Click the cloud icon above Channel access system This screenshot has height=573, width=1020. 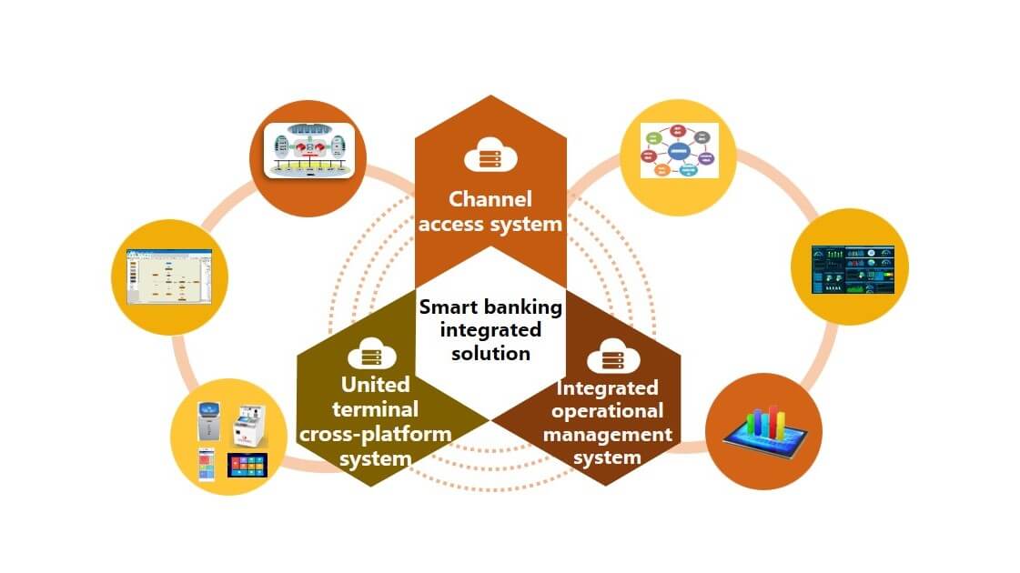point(490,155)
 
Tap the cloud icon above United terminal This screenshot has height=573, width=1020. point(370,352)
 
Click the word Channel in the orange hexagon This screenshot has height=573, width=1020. point(490,198)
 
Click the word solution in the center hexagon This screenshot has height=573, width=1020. point(490,353)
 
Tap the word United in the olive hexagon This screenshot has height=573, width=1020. point(375,384)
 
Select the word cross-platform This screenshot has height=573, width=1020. point(375,434)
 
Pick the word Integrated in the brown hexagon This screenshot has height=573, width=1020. point(607,388)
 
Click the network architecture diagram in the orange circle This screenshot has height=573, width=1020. point(307,152)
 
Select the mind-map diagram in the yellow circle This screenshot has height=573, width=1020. point(679,150)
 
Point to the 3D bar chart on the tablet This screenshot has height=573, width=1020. point(764,427)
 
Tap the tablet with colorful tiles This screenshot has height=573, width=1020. point(247,466)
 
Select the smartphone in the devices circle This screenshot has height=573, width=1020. point(207,463)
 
